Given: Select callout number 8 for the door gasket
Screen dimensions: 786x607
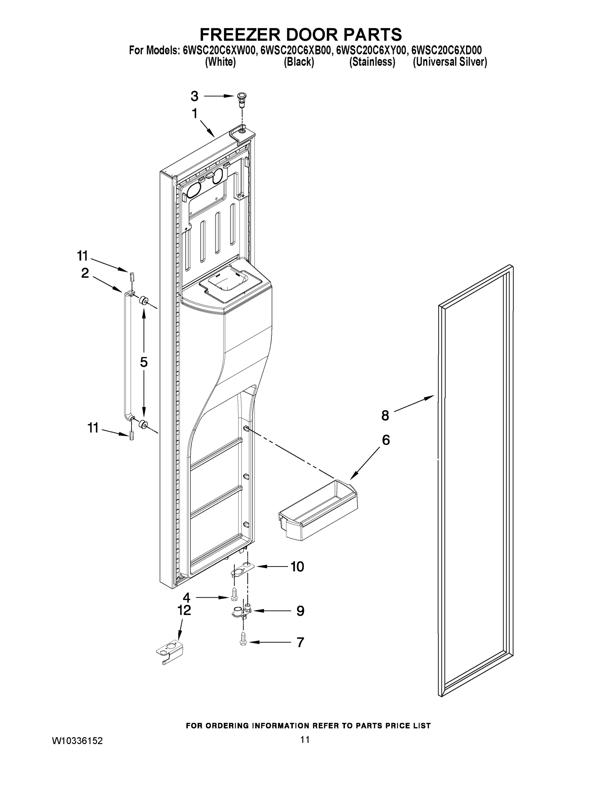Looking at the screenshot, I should pyautogui.click(x=385, y=416).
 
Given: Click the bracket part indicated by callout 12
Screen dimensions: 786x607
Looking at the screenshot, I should pyautogui.click(x=170, y=652).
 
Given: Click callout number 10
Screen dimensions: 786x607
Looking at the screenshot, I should pyautogui.click(x=297, y=567).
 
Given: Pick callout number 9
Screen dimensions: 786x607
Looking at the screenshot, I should pyautogui.click(x=300, y=611).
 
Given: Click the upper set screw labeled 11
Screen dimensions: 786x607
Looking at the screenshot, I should pyautogui.click(x=132, y=277).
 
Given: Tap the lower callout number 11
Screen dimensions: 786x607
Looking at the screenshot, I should pyautogui.click(x=93, y=428).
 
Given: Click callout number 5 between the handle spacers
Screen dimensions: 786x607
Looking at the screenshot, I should pyautogui.click(x=144, y=362).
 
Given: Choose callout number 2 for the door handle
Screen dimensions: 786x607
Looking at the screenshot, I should pyautogui.click(x=85, y=273).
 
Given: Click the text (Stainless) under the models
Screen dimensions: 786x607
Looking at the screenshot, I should pyautogui.click(x=372, y=62).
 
